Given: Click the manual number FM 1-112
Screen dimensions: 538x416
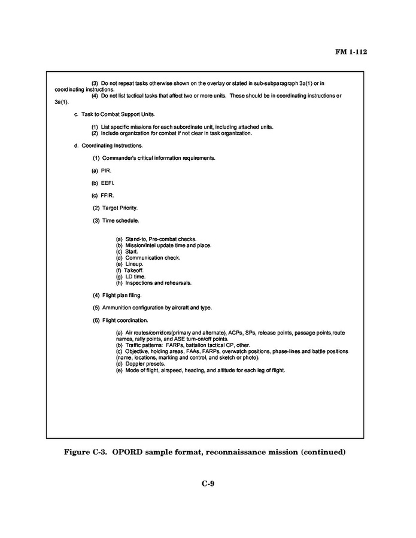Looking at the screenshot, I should [x=350, y=52].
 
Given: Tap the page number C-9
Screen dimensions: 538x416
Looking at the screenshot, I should [x=208, y=484].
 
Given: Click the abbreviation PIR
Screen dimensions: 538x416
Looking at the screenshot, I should [x=106, y=171].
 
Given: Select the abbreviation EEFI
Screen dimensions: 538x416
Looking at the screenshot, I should [x=107, y=183].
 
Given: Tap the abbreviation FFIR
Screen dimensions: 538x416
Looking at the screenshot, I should [x=107, y=196].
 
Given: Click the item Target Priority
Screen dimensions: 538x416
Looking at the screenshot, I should [x=120, y=208].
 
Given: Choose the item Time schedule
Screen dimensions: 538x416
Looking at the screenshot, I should [x=120, y=220].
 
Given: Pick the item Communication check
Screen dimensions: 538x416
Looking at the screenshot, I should [x=152, y=258].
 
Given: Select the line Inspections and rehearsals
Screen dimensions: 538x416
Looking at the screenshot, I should [x=158, y=282].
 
